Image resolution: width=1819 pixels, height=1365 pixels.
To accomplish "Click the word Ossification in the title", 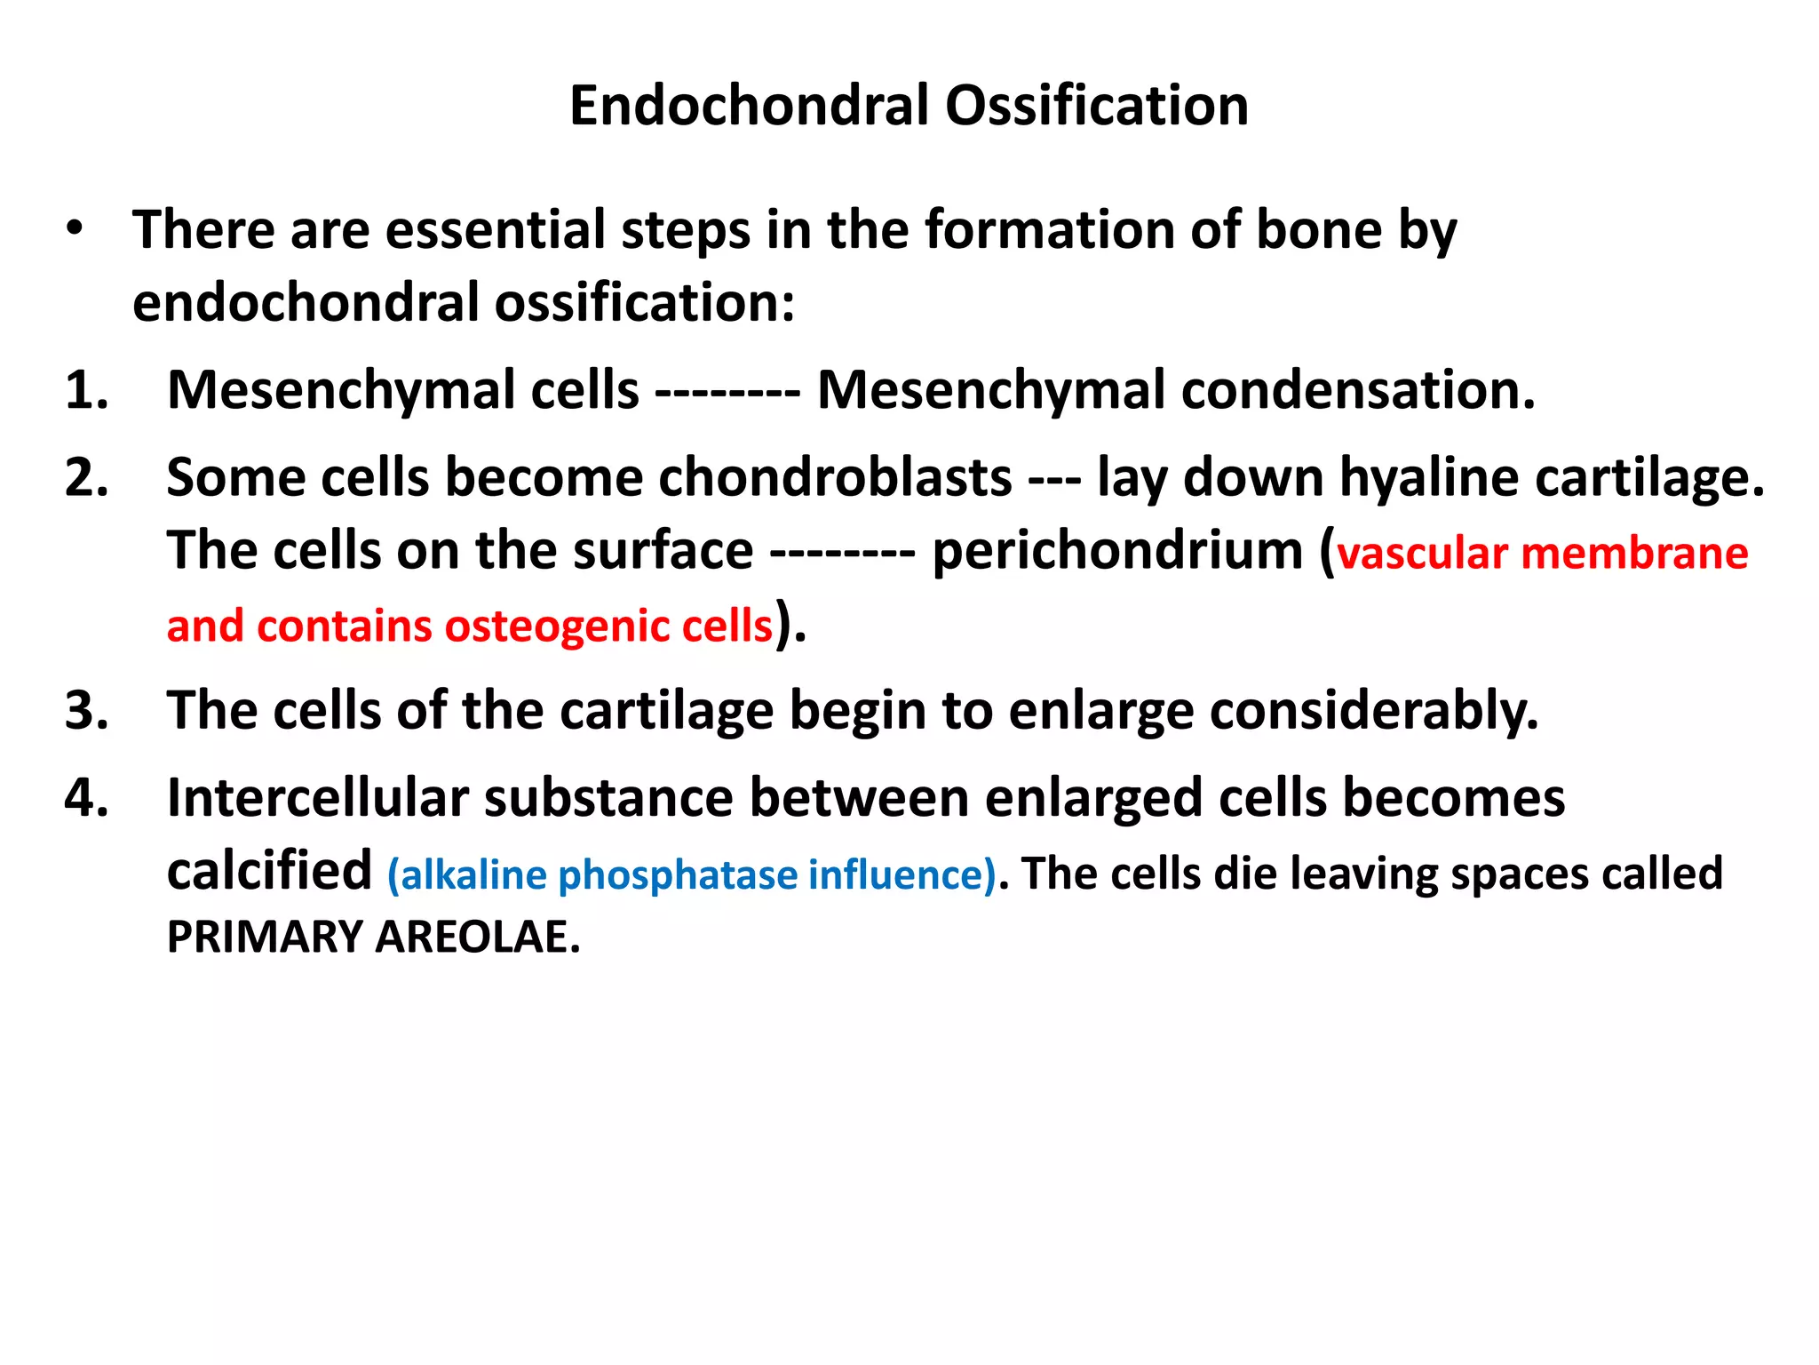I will tap(1096, 106).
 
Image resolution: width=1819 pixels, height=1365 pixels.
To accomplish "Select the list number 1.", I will tap(86, 390).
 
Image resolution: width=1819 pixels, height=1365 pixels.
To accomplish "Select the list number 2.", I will tap(86, 477).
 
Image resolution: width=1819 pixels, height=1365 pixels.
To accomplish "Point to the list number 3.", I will tap(86, 711).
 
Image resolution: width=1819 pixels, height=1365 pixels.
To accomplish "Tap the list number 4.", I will tap(86, 797).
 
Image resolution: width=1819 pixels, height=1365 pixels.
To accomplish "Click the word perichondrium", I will tap(1117, 551).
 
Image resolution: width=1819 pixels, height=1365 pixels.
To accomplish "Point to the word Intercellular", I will tap(317, 797).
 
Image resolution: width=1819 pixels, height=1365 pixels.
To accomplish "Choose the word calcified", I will tap(269, 871).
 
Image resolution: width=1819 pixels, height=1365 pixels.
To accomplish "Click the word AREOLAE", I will tap(477, 937).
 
